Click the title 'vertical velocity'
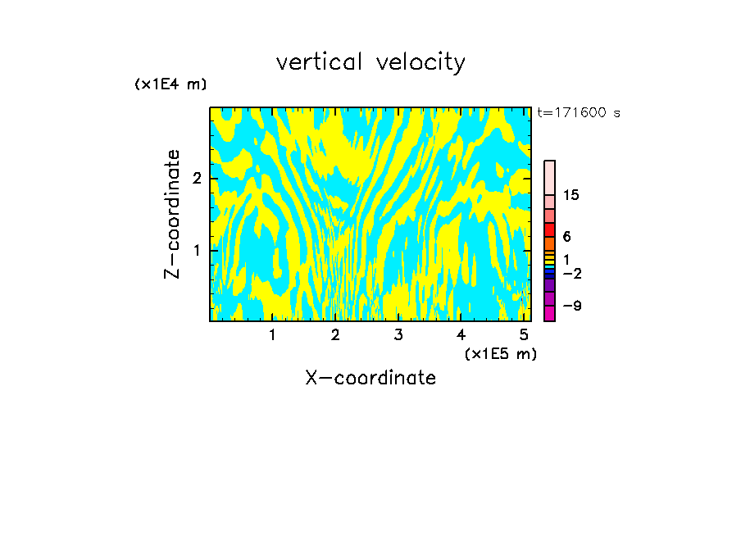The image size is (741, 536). [x=370, y=62]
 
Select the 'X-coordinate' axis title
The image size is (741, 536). [x=370, y=378]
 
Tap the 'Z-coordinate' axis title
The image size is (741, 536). [x=172, y=214]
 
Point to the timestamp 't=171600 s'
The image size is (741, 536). [x=579, y=112]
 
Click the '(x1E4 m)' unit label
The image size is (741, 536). [x=170, y=84]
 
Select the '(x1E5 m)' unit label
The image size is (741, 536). [x=500, y=353]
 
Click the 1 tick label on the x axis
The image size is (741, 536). [x=272, y=334]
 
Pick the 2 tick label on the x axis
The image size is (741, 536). [x=335, y=334]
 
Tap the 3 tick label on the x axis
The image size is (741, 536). [x=398, y=334]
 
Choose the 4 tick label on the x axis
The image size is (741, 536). [x=461, y=334]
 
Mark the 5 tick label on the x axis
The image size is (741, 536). [x=524, y=334]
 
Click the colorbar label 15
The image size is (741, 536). [x=571, y=195]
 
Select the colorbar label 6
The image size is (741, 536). [x=566, y=236]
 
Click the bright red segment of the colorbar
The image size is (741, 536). [x=549, y=229]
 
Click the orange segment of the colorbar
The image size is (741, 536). [x=549, y=243]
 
